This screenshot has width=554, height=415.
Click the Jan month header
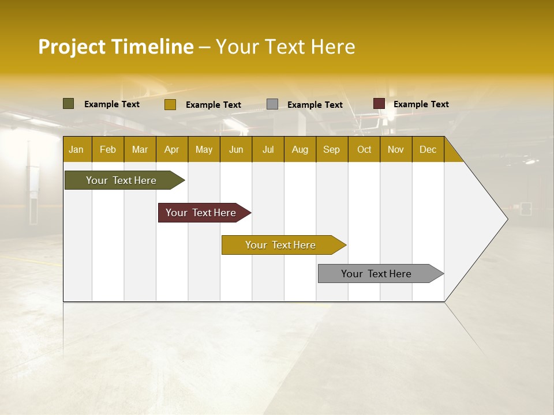pos(76,149)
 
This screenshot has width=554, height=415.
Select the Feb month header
pos(108,149)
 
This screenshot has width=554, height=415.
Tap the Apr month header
pos(172,149)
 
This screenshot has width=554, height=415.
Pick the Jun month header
pos(236,149)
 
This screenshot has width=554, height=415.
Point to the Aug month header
pos(300,149)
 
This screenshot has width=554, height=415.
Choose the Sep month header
pos(332,149)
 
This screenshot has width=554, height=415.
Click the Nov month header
pos(396,149)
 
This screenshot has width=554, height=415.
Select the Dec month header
pos(428,149)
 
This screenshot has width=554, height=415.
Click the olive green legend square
pos(69,104)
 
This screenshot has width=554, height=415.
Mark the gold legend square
pos(170,104)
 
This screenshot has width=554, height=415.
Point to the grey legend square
pos(272,104)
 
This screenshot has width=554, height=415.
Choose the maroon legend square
pos(379,104)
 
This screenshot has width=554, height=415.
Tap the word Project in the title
pos(72,47)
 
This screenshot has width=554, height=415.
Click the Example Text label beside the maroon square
pos(421,104)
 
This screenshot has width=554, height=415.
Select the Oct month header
pos(364,149)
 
